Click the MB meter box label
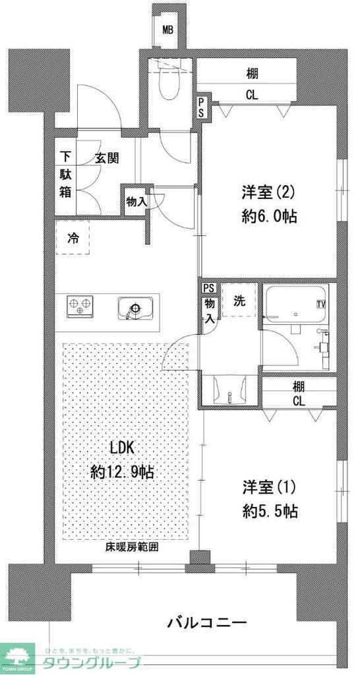[169, 30]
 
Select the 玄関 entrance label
[106, 158]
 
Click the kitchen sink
[135, 308]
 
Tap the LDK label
[122, 448]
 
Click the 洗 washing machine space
[239, 301]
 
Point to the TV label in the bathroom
[321, 304]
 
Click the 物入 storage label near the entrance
[136, 202]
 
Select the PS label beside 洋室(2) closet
[200, 108]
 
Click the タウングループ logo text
[92, 662]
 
